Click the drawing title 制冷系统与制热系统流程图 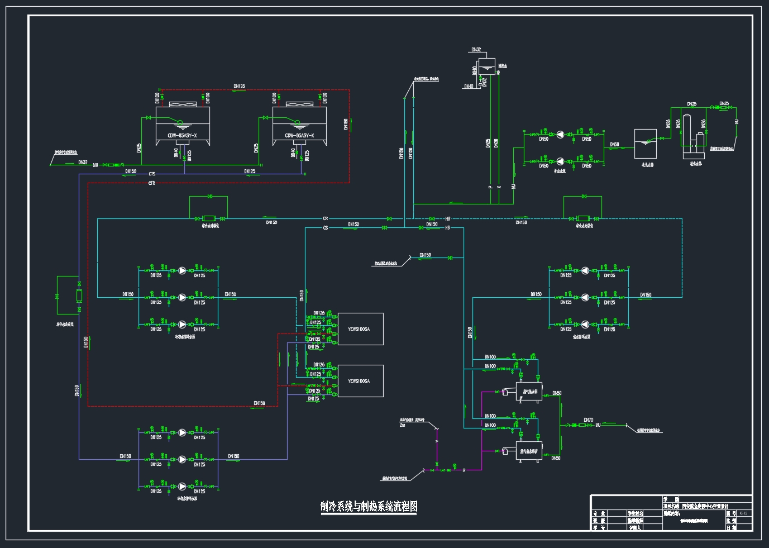coord(369,507)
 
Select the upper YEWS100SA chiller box coord(361,329)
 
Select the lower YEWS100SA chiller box coord(361,381)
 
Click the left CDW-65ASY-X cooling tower coord(183,126)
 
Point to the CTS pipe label coord(152,174)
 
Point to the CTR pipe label coord(152,183)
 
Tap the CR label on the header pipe coord(326,219)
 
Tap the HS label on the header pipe coord(447,228)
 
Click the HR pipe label coord(447,219)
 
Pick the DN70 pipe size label coord(588,420)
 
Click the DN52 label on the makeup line coord(83,163)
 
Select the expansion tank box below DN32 coord(487,66)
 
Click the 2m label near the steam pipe coord(402,426)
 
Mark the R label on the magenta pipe coord(464,471)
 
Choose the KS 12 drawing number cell coord(743,513)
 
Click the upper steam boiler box coord(529,392)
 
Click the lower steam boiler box coord(529,451)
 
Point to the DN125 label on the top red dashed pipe coord(239,87)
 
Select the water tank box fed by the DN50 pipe coord(645,144)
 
